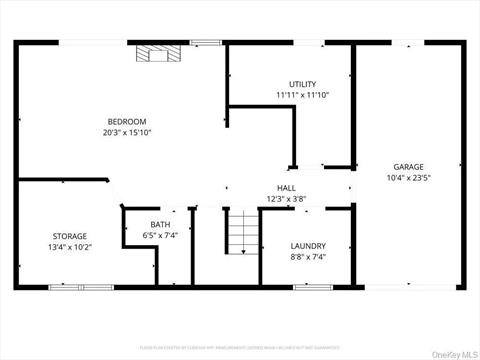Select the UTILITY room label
point(303,84)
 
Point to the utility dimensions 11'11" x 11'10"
point(303,95)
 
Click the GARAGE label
point(408,167)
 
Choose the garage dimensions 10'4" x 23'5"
point(408,178)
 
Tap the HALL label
point(287,188)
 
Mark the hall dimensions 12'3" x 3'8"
point(287,199)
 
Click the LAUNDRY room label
point(308,245)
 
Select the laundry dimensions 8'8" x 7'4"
point(308,256)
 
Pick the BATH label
point(160,224)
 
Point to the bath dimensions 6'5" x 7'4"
point(160,235)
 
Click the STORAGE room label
point(70,236)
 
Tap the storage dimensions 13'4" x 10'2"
point(70,247)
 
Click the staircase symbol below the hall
point(243,232)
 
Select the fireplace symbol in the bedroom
point(155,54)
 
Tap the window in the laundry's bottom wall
point(313,287)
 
